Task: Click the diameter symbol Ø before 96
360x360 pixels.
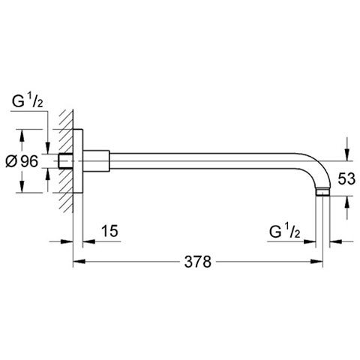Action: click(11, 160)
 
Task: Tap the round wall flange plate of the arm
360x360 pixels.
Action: click(77, 160)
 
